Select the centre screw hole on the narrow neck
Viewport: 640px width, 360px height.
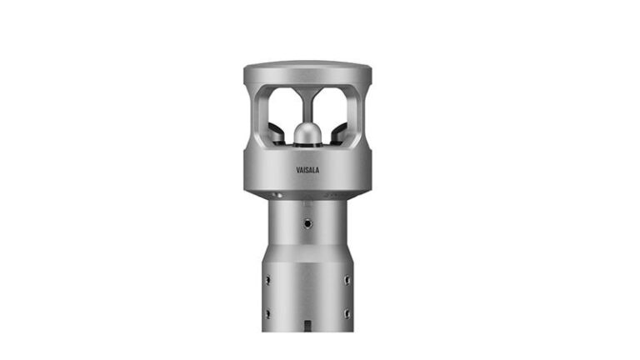pyautogui.click(x=307, y=223)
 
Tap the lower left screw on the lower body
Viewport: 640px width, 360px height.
pyautogui.click(x=267, y=313)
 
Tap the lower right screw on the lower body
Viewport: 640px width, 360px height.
pyautogui.click(x=347, y=313)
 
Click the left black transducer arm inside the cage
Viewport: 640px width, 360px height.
pyautogui.click(x=275, y=132)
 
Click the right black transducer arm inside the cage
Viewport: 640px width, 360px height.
pyautogui.click(x=338, y=132)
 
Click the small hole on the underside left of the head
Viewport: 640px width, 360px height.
pyautogui.click(x=281, y=195)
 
